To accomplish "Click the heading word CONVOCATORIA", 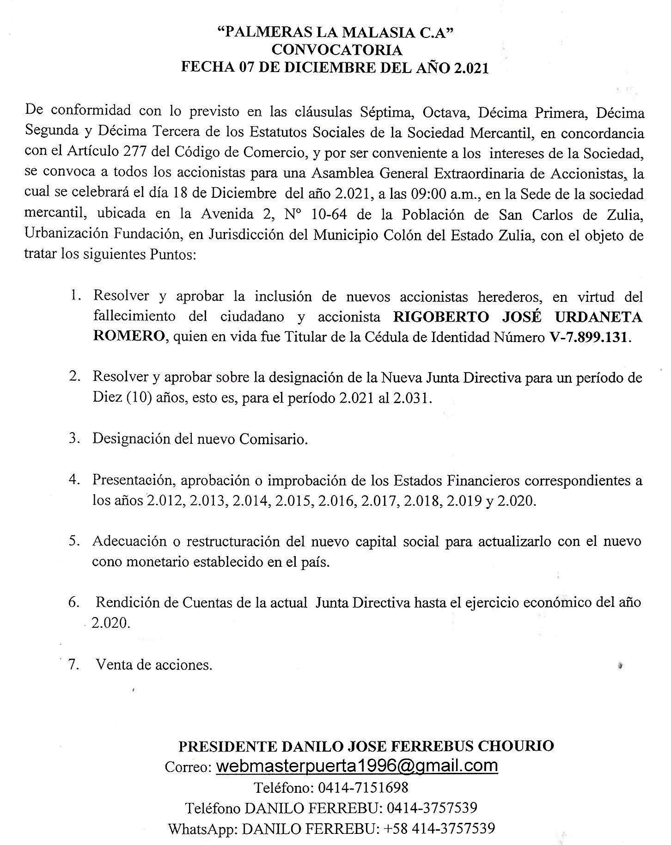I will pyautogui.click(x=336, y=49).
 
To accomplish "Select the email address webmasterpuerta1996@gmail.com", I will pyautogui.click(x=357, y=766).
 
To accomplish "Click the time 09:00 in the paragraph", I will pyautogui.click(x=428, y=194).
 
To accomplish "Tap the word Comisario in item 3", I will pyautogui.click(x=273, y=439).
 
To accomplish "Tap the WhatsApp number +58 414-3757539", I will pyautogui.click(x=439, y=828).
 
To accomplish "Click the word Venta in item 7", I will pyautogui.click(x=112, y=665).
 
